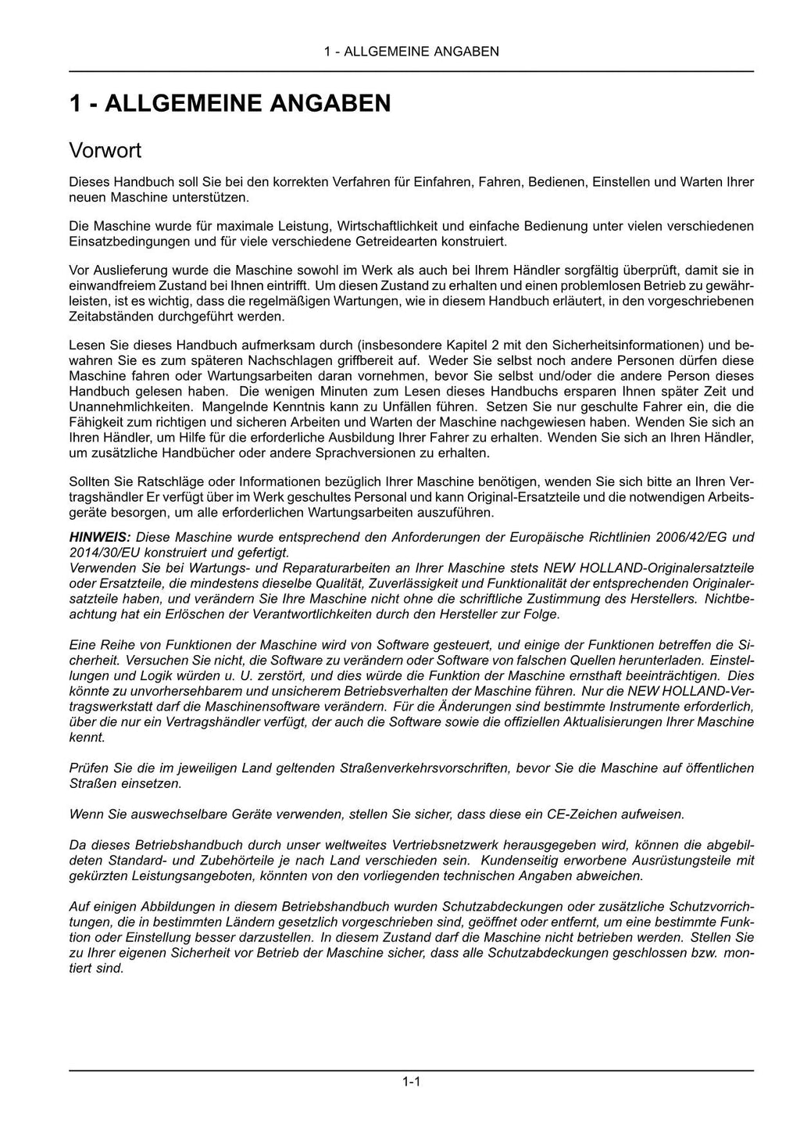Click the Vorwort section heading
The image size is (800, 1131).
(x=105, y=149)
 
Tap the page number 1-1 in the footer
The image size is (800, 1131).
(x=411, y=1082)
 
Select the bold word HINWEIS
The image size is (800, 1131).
(x=100, y=537)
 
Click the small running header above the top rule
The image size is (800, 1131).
(x=411, y=52)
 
